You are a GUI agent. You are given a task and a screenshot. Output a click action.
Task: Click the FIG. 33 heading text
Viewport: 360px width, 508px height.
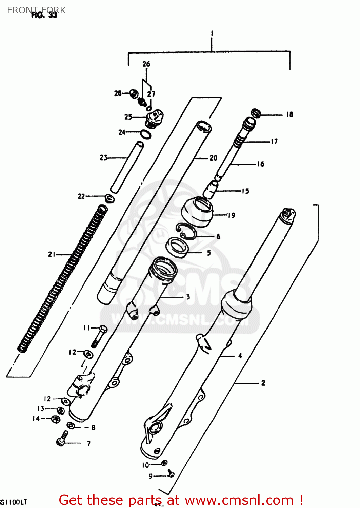(x=44, y=15)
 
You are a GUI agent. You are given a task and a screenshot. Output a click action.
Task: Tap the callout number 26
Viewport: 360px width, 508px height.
(x=146, y=64)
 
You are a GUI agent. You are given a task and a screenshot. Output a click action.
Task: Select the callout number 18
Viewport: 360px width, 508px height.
(x=289, y=114)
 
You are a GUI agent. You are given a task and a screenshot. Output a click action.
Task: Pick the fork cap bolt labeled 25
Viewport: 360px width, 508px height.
(x=155, y=118)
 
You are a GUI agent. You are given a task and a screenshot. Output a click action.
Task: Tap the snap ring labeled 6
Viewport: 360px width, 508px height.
(x=186, y=232)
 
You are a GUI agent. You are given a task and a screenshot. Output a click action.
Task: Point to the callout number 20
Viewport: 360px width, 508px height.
(x=213, y=158)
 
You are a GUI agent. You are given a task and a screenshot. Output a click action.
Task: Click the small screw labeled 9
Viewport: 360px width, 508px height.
(x=171, y=474)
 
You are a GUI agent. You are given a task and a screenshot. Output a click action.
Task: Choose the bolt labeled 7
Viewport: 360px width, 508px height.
(x=62, y=439)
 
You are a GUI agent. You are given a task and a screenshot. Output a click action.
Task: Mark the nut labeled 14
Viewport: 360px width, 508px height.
(x=55, y=419)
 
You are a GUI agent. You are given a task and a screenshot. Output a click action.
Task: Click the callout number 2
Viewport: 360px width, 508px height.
(x=263, y=383)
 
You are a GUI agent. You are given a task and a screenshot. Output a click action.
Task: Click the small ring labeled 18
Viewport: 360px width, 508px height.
(x=256, y=113)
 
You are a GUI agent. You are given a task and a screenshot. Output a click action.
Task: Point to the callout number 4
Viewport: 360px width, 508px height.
(x=240, y=356)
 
